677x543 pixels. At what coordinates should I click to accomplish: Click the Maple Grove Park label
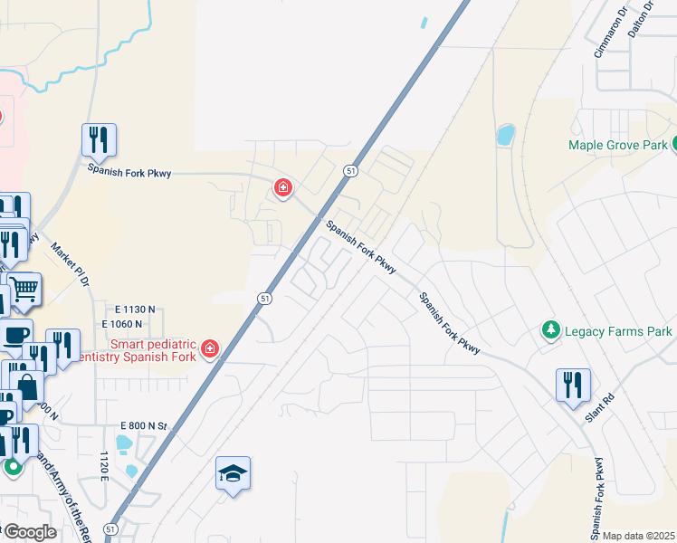tap(617, 145)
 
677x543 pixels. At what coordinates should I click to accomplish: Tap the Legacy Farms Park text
tap(618, 332)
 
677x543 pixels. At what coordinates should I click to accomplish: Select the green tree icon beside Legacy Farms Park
tap(548, 331)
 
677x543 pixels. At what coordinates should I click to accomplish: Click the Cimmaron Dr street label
tap(610, 33)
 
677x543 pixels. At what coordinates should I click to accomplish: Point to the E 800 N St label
tap(145, 425)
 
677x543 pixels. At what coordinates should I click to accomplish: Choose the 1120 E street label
tap(105, 466)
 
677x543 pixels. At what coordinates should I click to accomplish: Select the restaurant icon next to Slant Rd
tap(573, 385)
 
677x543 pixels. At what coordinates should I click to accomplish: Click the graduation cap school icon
tap(233, 472)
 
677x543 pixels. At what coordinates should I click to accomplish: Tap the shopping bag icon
tap(28, 388)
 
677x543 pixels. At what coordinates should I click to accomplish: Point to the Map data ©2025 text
tap(638, 536)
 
